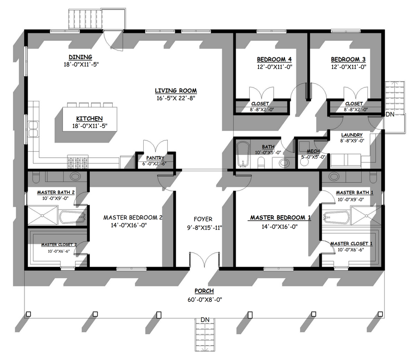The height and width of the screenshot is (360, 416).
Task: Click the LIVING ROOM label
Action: coord(176,91)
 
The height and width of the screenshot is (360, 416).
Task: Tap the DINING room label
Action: coord(80,57)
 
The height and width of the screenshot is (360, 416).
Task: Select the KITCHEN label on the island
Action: coord(89,118)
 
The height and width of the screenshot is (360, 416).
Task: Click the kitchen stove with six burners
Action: coord(78,162)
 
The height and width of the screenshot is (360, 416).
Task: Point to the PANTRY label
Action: coord(155,158)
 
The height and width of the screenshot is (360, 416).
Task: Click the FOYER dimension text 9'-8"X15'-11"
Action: coord(205,228)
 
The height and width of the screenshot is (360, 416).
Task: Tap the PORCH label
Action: coord(204,291)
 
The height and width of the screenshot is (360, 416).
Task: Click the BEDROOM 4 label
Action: coord(274,59)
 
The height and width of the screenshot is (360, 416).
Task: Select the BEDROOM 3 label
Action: coord(349,59)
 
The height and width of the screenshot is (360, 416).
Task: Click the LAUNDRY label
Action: coord(352,135)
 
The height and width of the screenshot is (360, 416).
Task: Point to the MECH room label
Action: coord(313,151)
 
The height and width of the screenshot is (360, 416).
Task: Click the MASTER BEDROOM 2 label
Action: coord(133,217)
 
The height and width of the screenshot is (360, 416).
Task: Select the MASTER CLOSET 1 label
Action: coord(351,244)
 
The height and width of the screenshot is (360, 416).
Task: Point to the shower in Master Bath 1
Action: coord(367,215)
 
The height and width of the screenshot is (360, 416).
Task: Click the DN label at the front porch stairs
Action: coord(205,320)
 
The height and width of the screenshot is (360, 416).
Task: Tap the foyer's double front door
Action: coord(204,259)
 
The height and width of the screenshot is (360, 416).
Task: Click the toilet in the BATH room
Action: coord(261,162)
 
